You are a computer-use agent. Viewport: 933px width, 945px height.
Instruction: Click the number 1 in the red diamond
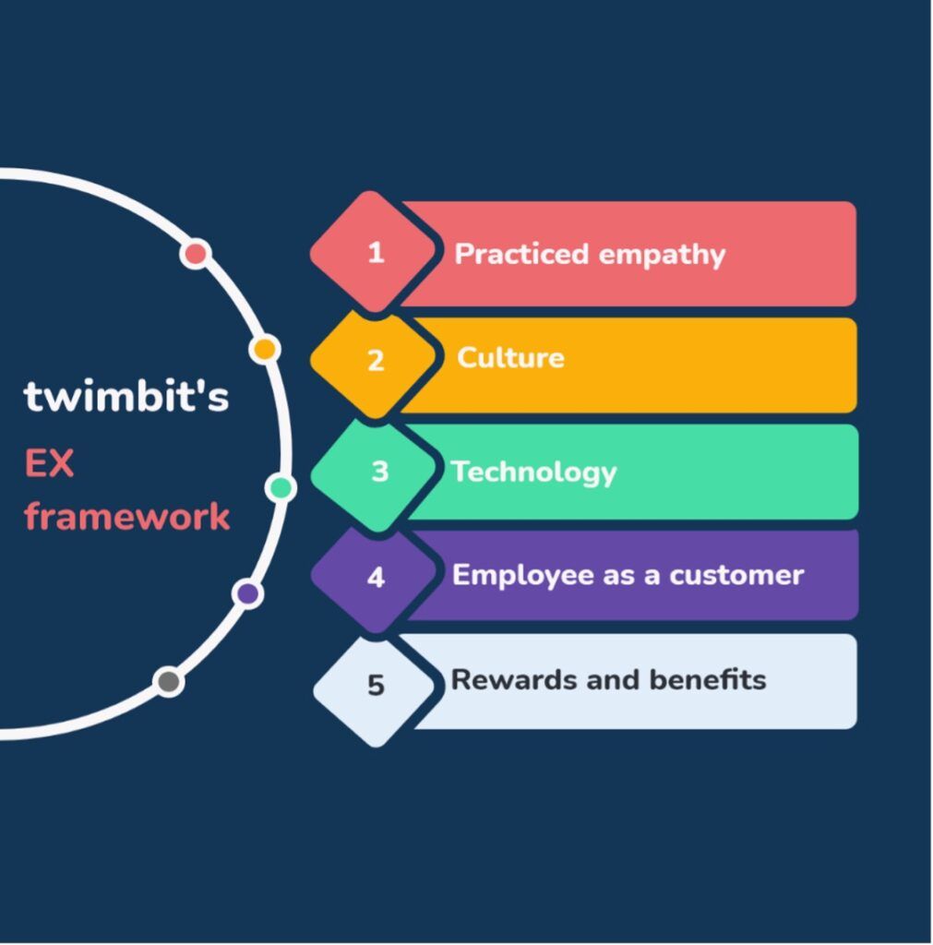coord(377,252)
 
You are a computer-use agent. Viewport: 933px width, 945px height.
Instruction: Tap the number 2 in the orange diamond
coord(377,361)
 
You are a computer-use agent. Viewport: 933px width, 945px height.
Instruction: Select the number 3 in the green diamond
coord(379,471)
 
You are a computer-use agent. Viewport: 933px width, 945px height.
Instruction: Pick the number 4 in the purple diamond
coord(377,577)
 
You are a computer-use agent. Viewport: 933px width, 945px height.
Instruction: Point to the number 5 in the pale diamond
coord(377,685)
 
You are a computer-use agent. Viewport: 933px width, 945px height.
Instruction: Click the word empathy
coord(662,255)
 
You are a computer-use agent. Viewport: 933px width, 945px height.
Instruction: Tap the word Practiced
coord(521,253)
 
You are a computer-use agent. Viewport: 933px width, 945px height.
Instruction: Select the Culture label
coord(510,357)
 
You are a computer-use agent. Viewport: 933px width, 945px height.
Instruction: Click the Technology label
coord(534,472)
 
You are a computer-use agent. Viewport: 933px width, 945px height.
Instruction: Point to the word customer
coord(736,576)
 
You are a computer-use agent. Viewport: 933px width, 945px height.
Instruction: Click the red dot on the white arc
coord(196,254)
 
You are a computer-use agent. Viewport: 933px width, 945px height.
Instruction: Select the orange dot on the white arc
coord(265,349)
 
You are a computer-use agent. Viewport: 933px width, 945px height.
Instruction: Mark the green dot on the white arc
coord(281,487)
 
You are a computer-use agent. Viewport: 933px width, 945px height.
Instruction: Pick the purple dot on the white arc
coord(247,593)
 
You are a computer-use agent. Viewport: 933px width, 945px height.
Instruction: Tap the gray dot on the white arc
coord(169,682)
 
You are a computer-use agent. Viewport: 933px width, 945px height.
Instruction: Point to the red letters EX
coord(49,463)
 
